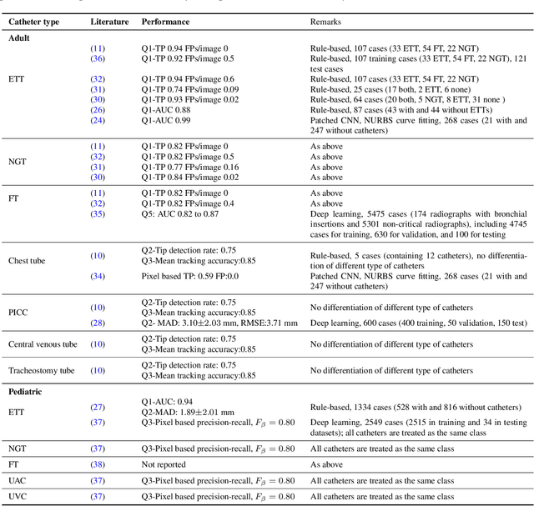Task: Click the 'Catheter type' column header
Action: click(x=37, y=22)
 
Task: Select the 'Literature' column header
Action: click(x=109, y=22)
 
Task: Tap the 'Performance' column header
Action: click(x=165, y=22)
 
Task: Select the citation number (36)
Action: click(x=98, y=58)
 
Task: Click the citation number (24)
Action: click(x=98, y=119)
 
